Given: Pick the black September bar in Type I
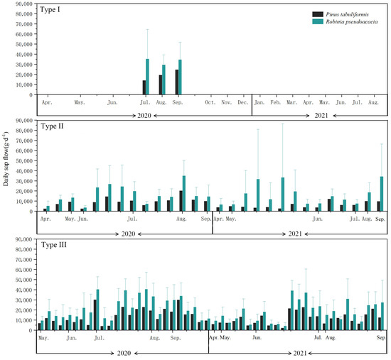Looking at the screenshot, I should pos(176,82).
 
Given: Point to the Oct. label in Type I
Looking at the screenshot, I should pos(210,103).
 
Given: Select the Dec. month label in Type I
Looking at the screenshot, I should pos(242,103).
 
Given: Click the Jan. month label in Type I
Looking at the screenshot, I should pos(259,103).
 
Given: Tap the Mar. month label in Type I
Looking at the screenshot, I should pos(291,103).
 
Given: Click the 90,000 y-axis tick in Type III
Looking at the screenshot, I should pos(21,241).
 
